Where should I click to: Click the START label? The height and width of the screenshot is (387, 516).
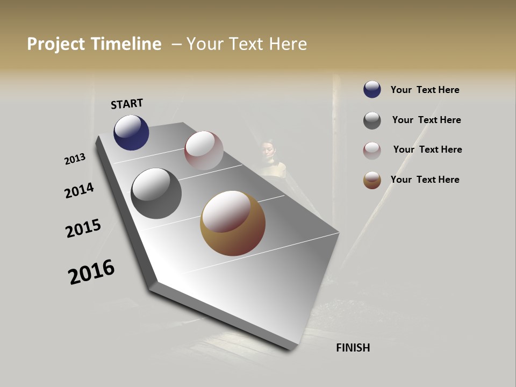(x=127, y=104)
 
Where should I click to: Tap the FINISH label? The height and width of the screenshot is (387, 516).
(x=353, y=348)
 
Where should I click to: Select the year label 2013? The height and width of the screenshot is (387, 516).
(x=75, y=159)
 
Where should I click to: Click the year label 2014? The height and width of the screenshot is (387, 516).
(x=79, y=191)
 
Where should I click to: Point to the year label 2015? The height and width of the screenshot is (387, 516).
(x=83, y=228)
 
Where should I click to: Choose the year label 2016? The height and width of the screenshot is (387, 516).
(x=91, y=272)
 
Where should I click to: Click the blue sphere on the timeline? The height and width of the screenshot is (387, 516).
(x=131, y=132)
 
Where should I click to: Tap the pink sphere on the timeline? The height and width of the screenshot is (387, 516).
(x=204, y=150)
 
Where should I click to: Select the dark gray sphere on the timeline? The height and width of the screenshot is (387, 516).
(x=156, y=193)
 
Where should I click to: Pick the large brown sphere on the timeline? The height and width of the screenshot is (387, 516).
(x=233, y=223)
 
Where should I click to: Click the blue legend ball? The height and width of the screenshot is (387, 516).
(x=372, y=89)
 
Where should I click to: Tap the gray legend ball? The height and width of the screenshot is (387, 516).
(x=372, y=120)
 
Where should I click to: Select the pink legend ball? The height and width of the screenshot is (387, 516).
(x=372, y=150)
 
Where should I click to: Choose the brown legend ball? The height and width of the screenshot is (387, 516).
(x=372, y=180)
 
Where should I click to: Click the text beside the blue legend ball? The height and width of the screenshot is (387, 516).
(x=425, y=90)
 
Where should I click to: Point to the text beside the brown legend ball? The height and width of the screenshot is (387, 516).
(x=425, y=180)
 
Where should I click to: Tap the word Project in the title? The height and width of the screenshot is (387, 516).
(x=56, y=44)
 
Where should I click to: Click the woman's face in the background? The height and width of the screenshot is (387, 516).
(x=269, y=149)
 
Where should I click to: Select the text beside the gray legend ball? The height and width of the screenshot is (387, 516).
(x=426, y=120)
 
